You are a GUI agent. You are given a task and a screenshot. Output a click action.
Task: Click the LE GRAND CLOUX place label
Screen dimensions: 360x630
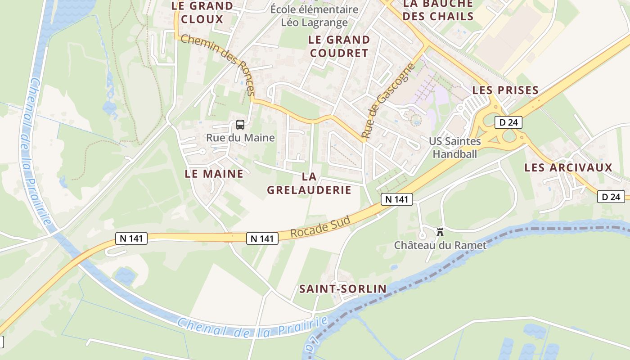coord(202,13)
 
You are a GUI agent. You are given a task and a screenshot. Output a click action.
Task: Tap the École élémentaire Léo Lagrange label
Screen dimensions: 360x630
coord(314,16)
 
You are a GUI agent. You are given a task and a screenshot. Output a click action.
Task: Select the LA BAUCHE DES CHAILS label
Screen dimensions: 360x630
coord(438,10)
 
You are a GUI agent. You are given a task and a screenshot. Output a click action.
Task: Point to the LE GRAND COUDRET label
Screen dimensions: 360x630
coord(339,46)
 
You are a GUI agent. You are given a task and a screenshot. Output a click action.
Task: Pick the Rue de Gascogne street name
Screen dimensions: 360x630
coord(387,100)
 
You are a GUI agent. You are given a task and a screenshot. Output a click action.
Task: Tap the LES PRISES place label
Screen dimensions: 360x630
coord(505,90)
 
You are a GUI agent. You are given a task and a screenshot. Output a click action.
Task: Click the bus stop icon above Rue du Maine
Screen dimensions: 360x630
coord(240,125)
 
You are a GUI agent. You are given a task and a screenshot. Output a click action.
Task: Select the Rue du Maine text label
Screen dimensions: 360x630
coord(240,138)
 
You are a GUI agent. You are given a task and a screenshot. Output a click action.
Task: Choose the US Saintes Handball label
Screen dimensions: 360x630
coord(454,148)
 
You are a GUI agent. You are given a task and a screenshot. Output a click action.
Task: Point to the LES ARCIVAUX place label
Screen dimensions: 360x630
coord(568,167)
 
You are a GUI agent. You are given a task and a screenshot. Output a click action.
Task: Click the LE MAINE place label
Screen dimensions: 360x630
coord(214,173)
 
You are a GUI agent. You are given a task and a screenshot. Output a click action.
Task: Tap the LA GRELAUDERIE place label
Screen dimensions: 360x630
coord(309,183)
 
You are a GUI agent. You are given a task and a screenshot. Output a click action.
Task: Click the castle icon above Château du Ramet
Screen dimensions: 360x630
coord(440,232)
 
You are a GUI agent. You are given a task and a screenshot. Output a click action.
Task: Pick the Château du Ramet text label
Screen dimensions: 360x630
coord(440,245)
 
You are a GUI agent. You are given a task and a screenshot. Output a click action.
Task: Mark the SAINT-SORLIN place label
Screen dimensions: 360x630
coord(343,288)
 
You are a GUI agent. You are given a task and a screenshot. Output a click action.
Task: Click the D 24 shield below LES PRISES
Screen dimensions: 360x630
coord(508,122)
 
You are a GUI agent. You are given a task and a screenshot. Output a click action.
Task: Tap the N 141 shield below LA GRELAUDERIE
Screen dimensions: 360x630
coord(397,199)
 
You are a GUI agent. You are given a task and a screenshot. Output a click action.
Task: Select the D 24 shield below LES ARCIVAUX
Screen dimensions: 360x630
coord(611,196)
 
